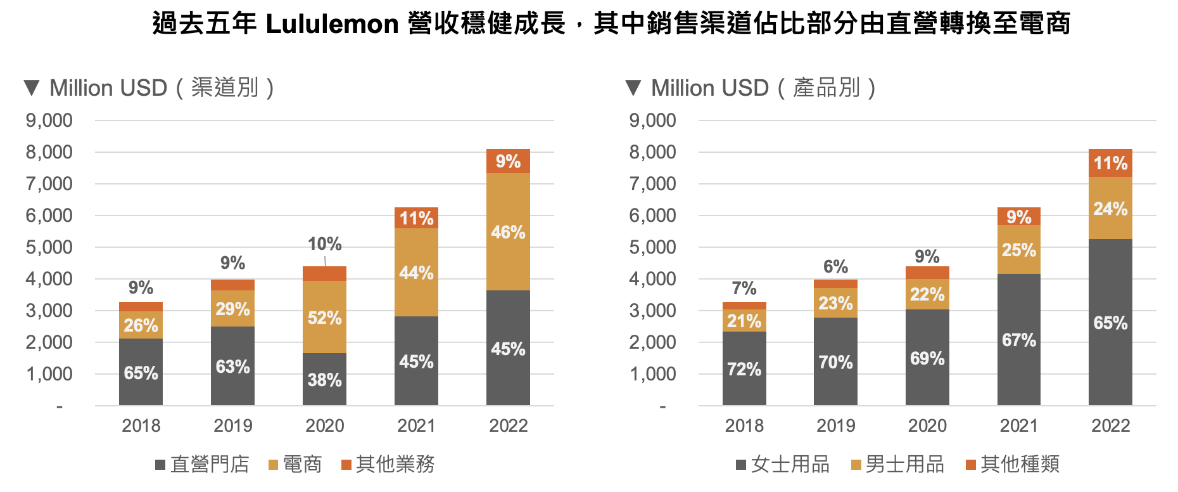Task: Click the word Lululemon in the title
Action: pyautogui.click(x=332, y=24)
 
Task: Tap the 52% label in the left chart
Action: pyautogui.click(x=324, y=318)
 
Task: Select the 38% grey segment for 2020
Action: pyautogui.click(x=324, y=379)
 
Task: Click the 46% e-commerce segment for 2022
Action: pyautogui.click(x=508, y=232)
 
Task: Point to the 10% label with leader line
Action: pyautogui.click(x=324, y=244)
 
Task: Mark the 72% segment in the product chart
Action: pyautogui.click(x=744, y=368)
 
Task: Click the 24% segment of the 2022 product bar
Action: pyautogui.click(x=1110, y=209)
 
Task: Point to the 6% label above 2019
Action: pyautogui.click(x=835, y=266)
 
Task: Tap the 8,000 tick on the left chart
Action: pyautogui.click(x=49, y=152)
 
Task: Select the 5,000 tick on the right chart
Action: pyautogui.click(x=652, y=247)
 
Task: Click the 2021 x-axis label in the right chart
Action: pyautogui.click(x=1018, y=425)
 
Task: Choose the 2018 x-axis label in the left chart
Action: pyautogui.click(x=141, y=425)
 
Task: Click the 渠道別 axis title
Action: pyautogui.click(x=224, y=88)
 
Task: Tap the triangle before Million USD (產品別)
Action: pyautogui.click(x=633, y=87)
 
